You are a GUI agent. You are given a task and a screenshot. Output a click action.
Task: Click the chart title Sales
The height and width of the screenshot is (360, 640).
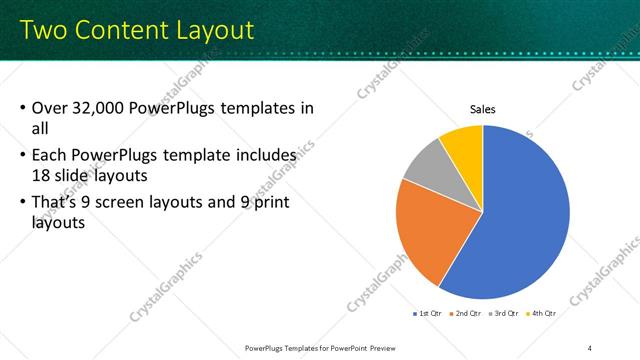(482, 109)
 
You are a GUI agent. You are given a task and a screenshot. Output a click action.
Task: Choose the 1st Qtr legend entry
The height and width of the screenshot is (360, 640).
(431, 314)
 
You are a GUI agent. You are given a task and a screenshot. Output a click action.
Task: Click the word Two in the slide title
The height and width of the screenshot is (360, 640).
(44, 30)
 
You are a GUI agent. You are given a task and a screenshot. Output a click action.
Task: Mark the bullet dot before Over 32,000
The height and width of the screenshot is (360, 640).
(23, 108)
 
